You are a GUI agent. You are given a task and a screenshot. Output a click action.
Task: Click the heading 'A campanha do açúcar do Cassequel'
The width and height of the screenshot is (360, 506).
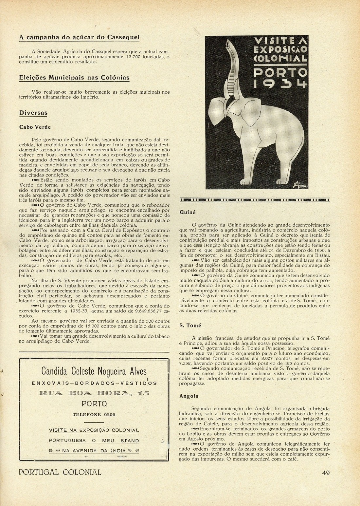point(79,37)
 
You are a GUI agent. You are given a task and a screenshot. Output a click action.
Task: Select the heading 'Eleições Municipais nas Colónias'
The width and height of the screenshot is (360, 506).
point(74,78)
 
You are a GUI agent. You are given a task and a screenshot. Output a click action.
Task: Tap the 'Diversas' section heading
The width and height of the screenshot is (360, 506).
point(33,113)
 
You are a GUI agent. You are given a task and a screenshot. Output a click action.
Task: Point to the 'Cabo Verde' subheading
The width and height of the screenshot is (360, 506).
point(35,127)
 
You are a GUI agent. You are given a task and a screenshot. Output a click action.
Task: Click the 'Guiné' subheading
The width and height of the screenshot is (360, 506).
point(188,212)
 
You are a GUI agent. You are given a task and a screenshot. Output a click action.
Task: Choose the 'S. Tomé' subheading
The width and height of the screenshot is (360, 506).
point(190,326)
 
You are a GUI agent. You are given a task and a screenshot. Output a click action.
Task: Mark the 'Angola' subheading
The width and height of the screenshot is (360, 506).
point(189,396)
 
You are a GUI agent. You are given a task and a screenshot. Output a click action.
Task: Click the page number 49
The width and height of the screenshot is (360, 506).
point(325,472)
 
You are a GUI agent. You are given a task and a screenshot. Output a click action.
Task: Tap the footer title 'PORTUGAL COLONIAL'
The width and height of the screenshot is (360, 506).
point(60,472)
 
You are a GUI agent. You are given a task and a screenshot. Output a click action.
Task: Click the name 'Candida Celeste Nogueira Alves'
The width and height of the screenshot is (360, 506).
point(94,371)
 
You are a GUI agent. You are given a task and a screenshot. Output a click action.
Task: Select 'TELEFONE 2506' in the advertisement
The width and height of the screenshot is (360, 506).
point(94,414)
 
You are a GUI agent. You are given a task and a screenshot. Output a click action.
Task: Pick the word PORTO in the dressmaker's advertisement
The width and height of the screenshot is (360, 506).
point(94,404)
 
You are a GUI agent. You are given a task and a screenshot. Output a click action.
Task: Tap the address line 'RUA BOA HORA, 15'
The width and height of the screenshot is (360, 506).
point(94,393)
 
